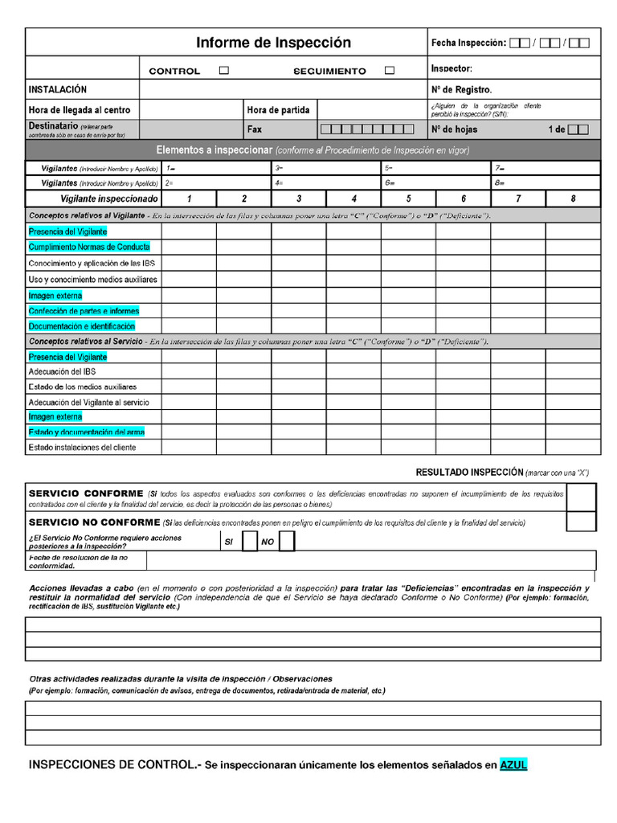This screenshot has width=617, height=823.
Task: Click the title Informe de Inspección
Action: pyautogui.click(x=274, y=43)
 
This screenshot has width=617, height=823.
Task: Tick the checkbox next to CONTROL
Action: pyautogui.click(x=224, y=71)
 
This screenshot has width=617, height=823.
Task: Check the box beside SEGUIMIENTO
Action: pyautogui.click(x=390, y=71)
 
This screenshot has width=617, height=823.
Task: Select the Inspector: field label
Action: pyautogui.click(x=452, y=69)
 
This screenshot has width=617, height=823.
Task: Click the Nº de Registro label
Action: pyautogui.click(x=461, y=90)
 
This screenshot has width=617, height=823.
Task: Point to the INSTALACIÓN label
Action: pyautogui.click(x=58, y=90)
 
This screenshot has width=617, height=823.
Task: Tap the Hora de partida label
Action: pyautogui.click(x=278, y=110)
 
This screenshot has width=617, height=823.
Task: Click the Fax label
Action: pyautogui.click(x=255, y=129)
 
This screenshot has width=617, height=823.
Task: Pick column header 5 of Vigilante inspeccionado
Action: pyautogui.click(x=408, y=199)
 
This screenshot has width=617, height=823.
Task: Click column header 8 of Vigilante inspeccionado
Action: pyautogui.click(x=573, y=199)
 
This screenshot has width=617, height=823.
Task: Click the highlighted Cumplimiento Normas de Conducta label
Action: pyautogui.click(x=88, y=247)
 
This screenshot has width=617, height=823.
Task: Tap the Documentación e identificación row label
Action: pyautogui.click(x=81, y=326)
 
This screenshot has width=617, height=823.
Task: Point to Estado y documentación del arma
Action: pyautogui.click(x=86, y=432)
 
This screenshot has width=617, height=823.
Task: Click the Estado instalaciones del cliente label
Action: pyautogui.click(x=82, y=448)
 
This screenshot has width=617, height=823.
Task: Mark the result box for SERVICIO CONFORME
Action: pyautogui.click(x=581, y=497)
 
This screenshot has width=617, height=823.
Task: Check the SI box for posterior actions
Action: pyautogui.click(x=250, y=542)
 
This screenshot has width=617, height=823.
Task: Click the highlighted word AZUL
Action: pyautogui.click(x=513, y=765)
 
